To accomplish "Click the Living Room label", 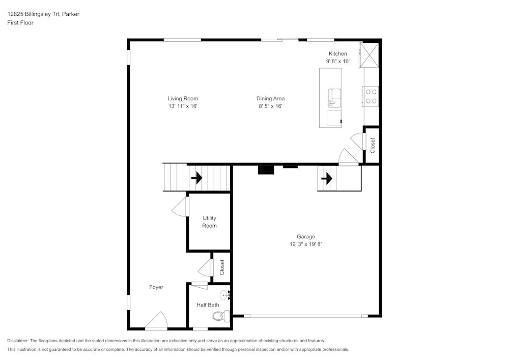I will [183, 98].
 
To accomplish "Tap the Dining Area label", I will [270, 98].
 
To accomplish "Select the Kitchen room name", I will [337, 53].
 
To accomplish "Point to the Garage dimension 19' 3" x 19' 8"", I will [306, 244].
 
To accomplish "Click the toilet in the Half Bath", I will [220, 316].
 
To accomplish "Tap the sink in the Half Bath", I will [225, 295].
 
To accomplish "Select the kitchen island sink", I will [334, 97].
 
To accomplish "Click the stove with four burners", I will [371, 96].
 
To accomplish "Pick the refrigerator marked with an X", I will [369, 54].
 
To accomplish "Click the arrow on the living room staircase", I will [196, 178].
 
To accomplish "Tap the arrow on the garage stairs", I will [326, 179].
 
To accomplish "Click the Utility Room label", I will [209, 222].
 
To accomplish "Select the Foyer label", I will [156, 287].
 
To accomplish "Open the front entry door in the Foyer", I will [156, 321].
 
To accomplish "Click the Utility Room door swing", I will [180, 207].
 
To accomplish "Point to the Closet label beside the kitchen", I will [373, 146].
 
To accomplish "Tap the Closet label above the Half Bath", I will [222, 267].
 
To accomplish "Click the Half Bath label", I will [208, 305].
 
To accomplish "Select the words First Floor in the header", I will [20, 23].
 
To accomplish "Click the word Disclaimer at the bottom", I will [18, 341].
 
